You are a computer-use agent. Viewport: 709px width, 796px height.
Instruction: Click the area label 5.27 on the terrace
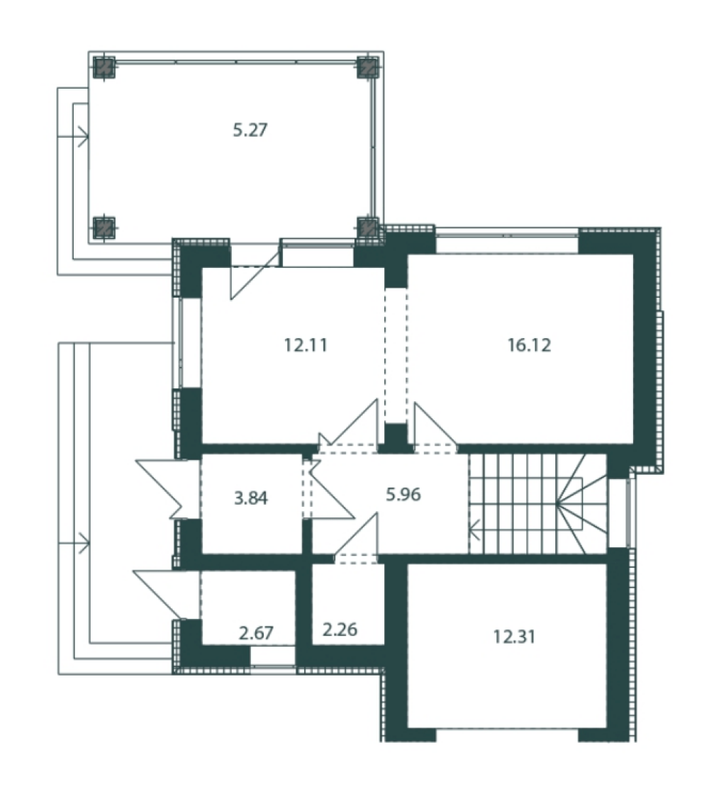(x=250, y=130)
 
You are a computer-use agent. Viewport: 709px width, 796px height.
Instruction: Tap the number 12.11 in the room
(x=306, y=345)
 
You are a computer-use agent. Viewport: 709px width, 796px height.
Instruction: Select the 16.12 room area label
(x=529, y=345)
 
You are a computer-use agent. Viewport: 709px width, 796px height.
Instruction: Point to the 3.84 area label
(x=251, y=498)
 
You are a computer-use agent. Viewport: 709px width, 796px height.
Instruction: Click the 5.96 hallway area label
(x=403, y=494)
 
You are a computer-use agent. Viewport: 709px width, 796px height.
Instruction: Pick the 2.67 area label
(x=256, y=632)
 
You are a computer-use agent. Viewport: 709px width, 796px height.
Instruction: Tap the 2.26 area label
(x=340, y=629)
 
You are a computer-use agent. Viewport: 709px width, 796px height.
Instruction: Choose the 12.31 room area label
(x=515, y=636)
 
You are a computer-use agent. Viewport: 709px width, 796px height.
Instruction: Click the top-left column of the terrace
(x=104, y=67)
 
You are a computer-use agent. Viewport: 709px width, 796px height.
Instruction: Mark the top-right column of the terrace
(x=368, y=67)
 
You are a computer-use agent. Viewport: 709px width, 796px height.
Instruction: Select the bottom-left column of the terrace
(x=104, y=227)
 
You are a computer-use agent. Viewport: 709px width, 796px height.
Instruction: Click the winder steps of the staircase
(x=581, y=503)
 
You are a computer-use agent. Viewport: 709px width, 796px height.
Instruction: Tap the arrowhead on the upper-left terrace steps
(x=83, y=137)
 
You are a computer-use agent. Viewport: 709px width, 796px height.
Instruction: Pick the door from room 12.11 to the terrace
(x=254, y=273)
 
